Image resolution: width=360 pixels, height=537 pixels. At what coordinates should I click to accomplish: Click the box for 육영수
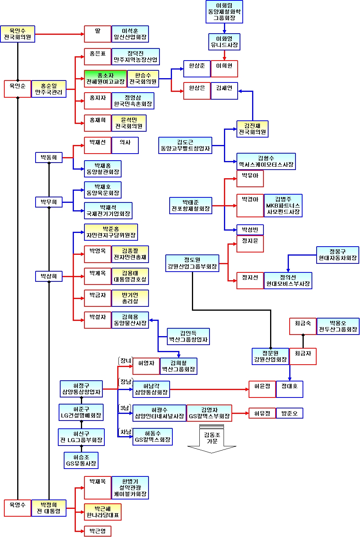coord(18,508)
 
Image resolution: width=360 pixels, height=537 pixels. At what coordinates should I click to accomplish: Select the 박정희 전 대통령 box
coord(48,508)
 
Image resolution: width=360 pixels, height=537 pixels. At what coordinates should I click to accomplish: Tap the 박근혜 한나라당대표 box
coord(102,512)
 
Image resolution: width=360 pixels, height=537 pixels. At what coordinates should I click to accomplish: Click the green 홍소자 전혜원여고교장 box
coord(106,78)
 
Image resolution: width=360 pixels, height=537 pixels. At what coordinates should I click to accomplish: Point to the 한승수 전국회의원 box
coord(143,78)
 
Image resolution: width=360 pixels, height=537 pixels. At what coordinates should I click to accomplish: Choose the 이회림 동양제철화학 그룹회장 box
coord(224,12)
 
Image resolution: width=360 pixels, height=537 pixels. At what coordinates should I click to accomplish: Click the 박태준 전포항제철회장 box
coord(190,206)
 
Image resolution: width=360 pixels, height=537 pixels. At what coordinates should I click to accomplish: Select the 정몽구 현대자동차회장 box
coord(338,255)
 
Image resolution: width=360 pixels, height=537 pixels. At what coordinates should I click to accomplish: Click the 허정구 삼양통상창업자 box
coord(81,389)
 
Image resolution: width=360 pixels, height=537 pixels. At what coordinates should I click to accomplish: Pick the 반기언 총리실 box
coord(130,298)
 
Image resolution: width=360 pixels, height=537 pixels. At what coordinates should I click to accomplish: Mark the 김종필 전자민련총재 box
coord(130,254)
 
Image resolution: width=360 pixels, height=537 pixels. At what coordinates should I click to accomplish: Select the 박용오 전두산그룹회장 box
coord(338,326)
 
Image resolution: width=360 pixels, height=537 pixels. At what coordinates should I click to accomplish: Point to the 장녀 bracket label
coord(125,361)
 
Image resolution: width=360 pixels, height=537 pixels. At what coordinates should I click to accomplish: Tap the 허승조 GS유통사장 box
coord(81,460)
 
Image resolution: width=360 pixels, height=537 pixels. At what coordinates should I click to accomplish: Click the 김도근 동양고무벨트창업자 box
coord(185,145)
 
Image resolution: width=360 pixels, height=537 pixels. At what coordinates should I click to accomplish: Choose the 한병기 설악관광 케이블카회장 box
coord(130,488)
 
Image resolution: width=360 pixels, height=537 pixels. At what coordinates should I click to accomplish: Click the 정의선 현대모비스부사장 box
coord(288,281)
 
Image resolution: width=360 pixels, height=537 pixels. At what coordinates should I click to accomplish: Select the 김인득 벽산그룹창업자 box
coord(188,337)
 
